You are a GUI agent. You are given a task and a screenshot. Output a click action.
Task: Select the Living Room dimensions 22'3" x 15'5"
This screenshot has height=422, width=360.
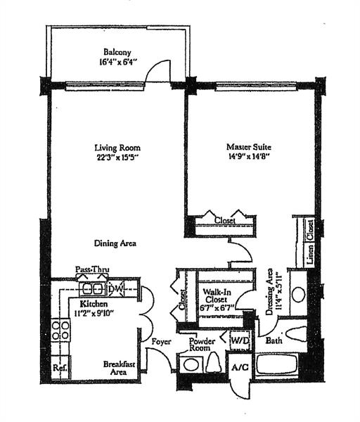point(117,158)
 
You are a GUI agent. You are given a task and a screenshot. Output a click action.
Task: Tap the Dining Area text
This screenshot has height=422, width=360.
point(115,243)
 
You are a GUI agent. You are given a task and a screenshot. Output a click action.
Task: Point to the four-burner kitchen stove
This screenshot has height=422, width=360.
point(59,330)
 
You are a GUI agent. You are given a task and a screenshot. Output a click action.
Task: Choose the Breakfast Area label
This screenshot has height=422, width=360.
point(119,368)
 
